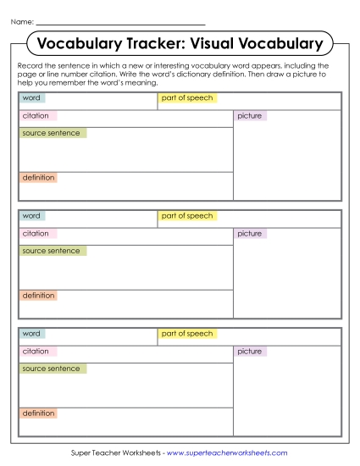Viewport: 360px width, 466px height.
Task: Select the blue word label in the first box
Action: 31,98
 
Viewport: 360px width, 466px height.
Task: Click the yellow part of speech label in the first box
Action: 187,98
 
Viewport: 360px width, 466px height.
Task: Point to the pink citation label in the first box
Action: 36,115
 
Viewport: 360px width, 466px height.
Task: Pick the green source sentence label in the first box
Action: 52,133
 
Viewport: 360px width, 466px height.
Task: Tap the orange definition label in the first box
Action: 38,178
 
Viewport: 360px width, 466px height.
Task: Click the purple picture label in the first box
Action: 250,115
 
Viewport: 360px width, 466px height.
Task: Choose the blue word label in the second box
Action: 31,216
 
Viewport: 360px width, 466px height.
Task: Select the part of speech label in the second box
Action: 187,216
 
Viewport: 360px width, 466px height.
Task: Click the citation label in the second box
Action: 36,233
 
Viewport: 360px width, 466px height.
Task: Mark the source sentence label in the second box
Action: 52,251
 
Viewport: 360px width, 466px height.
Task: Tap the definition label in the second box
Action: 38,296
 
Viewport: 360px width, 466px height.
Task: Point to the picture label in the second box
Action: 250,233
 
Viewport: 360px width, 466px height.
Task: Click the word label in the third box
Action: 31,334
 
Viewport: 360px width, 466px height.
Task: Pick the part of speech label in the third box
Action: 187,334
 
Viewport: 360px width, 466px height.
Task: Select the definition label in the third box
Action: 38,413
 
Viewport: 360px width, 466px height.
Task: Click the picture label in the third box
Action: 250,351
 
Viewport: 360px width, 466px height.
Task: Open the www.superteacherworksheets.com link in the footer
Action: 227,453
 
